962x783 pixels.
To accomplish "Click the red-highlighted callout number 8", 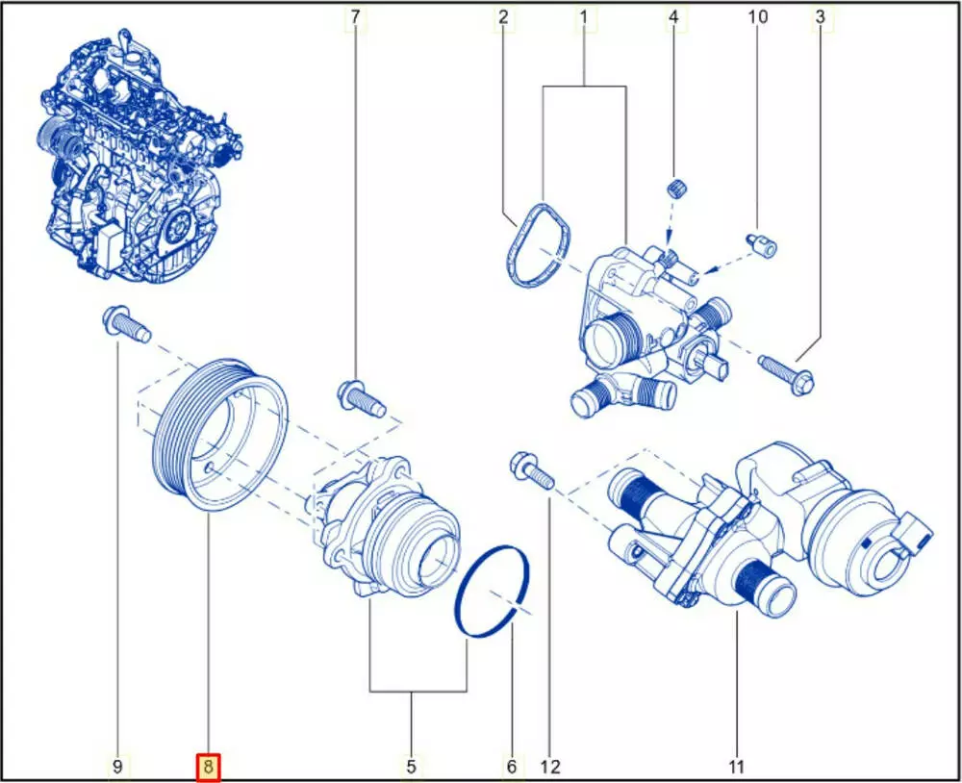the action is [x=208, y=767].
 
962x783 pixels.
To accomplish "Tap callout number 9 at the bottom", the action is [x=117, y=767].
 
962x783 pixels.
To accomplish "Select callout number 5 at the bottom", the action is [x=411, y=767].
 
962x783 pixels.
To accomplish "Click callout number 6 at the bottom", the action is [x=512, y=767].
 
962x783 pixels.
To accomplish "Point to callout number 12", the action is [x=550, y=767].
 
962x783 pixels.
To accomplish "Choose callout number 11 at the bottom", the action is [x=736, y=767].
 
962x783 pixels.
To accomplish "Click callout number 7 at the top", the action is [x=355, y=17].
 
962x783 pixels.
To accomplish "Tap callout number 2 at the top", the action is [x=504, y=17].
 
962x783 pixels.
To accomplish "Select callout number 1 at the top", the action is [x=584, y=17].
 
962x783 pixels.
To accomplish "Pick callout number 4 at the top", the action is [x=673, y=17].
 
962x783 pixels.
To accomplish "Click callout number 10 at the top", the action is [x=758, y=16].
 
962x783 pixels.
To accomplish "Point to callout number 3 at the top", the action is [x=821, y=17].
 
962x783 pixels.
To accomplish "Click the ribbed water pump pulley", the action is [x=219, y=433].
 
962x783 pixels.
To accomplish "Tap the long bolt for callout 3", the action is [x=787, y=373].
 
